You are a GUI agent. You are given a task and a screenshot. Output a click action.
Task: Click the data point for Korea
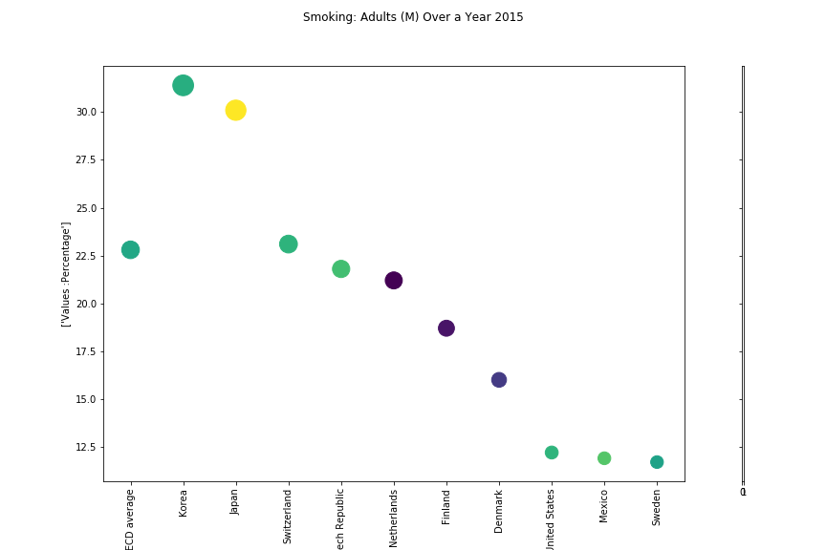coord(183,85)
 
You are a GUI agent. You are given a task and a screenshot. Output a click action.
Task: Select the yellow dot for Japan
coord(235,110)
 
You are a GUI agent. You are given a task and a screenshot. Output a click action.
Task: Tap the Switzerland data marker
coord(288,243)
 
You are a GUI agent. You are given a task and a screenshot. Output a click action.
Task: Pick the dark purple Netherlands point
coord(393,280)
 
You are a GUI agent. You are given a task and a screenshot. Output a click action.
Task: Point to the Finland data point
coord(446,328)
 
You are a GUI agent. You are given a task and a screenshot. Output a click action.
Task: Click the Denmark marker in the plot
coord(498,379)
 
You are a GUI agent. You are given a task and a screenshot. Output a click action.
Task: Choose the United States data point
coord(551,452)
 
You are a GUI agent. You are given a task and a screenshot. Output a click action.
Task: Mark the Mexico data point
coord(603,457)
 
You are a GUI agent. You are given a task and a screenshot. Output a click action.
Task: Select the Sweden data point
coord(656,461)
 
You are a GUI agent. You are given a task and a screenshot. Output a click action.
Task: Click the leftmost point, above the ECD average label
coord(130,249)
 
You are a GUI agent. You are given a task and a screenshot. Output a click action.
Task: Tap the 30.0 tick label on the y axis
coord(85,112)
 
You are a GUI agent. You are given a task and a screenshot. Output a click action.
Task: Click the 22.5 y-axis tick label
coord(85,256)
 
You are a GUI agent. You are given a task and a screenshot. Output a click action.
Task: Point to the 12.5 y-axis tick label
coord(85,447)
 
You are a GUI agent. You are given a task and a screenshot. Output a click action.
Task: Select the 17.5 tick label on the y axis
coord(85,351)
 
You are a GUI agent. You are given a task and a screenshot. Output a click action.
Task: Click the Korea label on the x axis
coord(183,503)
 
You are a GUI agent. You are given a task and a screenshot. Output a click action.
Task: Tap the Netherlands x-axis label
coord(393,516)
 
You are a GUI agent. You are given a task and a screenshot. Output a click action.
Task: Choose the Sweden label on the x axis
coord(656,507)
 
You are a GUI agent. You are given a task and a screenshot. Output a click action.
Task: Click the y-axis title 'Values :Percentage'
coord(66,274)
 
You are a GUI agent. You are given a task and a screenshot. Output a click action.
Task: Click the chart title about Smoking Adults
coord(413,17)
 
